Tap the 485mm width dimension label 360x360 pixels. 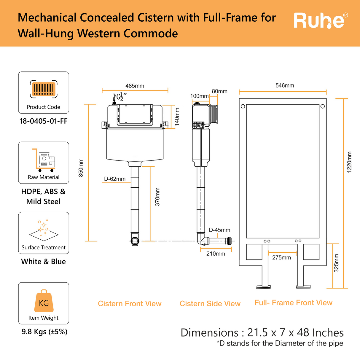[135, 86]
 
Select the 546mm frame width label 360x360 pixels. [285, 85]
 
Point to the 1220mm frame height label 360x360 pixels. [349, 162]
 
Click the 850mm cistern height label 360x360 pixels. [81, 168]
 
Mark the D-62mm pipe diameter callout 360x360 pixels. [115, 179]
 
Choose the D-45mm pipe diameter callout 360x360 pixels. [219, 230]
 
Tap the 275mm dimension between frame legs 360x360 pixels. [281, 257]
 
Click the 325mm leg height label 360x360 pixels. [336, 263]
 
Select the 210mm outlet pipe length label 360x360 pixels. [216, 254]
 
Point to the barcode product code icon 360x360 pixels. [44, 89]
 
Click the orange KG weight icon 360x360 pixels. [44, 301]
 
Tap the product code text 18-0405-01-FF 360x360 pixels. [44, 121]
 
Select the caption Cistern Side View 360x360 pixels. [210, 304]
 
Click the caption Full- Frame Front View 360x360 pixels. [293, 303]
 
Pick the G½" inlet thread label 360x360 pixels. [121, 97]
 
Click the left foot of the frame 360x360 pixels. [263, 287]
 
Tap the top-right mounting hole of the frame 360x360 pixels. [323, 106]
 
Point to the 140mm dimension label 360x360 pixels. [177, 117]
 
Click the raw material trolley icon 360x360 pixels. [44, 160]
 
